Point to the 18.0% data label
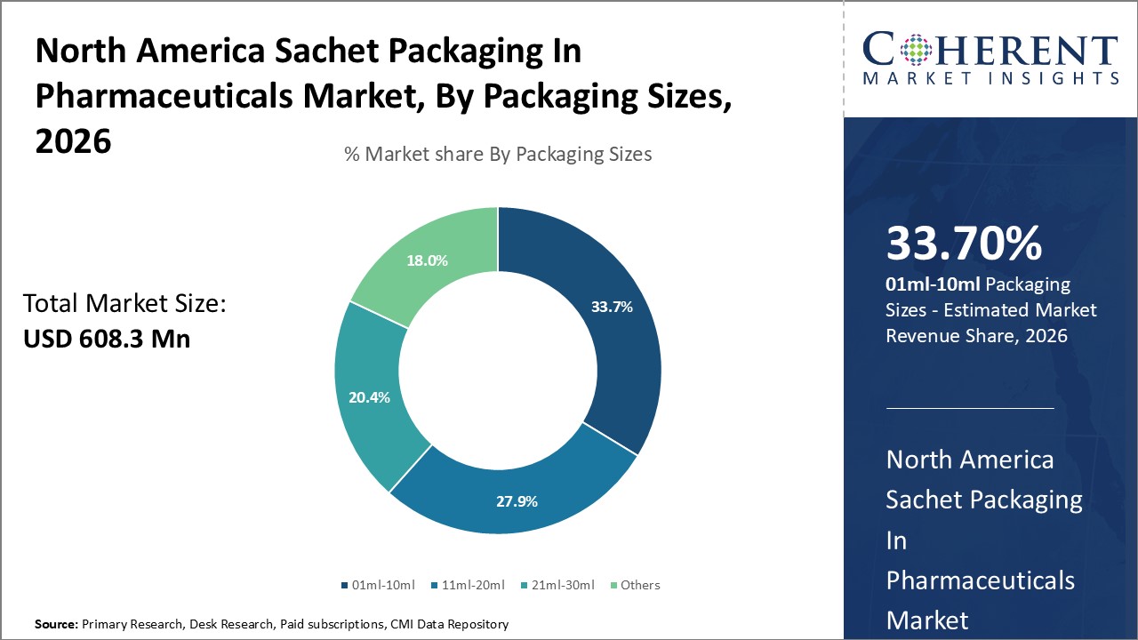(x=427, y=260)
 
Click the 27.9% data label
(x=517, y=501)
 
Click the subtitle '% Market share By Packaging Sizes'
(x=498, y=155)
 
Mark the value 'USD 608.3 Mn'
(x=107, y=339)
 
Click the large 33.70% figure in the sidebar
(x=964, y=244)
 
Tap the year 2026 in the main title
(x=73, y=140)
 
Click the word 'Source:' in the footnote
(x=56, y=625)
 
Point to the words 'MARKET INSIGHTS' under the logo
(x=990, y=79)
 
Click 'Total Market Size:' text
(x=125, y=304)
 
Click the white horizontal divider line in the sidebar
(x=970, y=408)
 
